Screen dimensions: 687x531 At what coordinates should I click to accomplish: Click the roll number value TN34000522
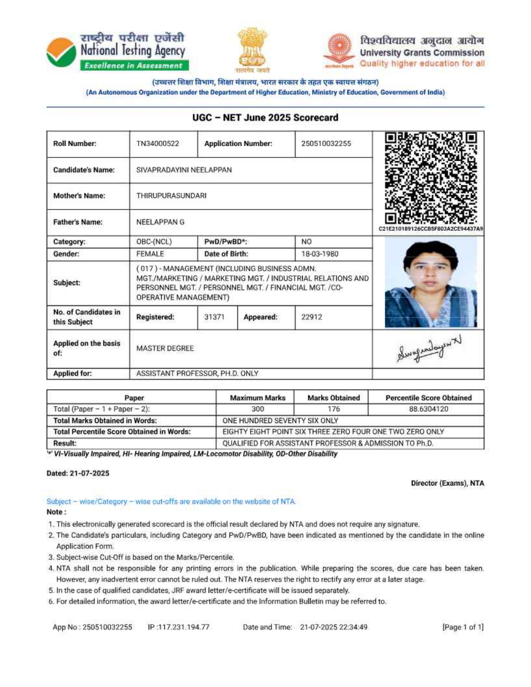click(x=157, y=144)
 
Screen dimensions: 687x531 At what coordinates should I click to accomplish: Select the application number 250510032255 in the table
click(x=326, y=144)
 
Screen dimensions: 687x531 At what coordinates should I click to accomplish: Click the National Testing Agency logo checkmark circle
click(x=61, y=52)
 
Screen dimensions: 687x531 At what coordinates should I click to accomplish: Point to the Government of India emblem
click(x=252, y=48)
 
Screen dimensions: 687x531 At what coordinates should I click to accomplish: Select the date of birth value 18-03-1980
click(x=319, y=254)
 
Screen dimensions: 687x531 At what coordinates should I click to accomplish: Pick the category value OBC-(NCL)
click(x=154, y=242)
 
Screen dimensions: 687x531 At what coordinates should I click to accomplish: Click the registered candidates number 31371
click(x=214, y=317)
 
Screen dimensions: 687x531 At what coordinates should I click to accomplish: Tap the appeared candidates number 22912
click(x=312, y=317)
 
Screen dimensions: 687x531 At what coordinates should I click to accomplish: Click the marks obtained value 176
click(x=334, y=409)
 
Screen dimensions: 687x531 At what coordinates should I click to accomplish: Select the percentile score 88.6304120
click(x=429, y=409)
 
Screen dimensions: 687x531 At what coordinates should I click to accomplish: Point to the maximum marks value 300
click(x=258, y=409)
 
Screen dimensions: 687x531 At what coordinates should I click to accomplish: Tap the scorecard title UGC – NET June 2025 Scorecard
click(x=265, y=118)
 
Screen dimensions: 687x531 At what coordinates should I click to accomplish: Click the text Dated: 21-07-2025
click(x=78, y=473)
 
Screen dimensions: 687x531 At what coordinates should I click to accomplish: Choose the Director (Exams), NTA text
click(x=447, y=483)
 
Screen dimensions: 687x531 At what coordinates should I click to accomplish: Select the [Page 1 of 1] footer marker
click(x=463, y=627)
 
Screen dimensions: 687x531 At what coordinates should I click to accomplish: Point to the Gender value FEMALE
click(x=150, y=254)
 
